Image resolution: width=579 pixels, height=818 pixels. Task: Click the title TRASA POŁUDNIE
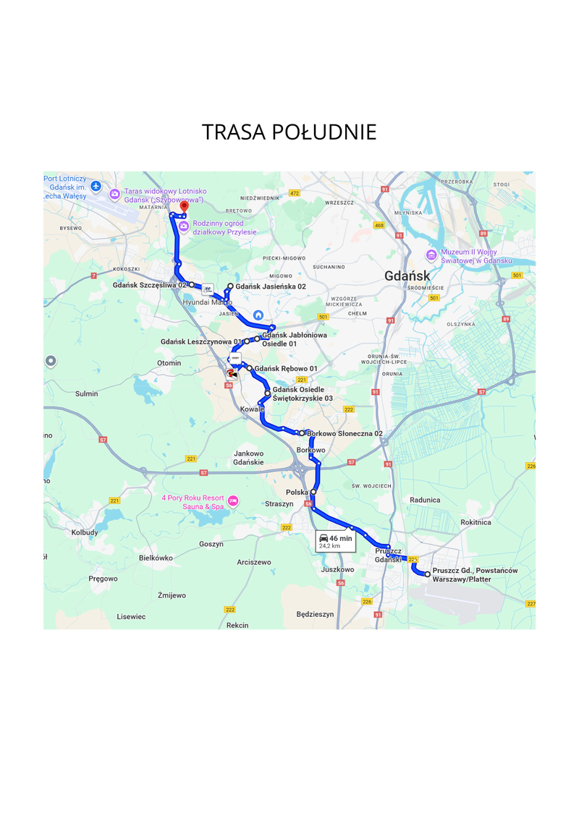click(289, 132)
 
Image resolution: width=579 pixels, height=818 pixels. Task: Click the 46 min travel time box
click(336, 541)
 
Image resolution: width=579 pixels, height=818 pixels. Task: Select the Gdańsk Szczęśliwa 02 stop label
click(150, 285)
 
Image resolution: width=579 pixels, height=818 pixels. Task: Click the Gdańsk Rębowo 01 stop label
click(287, 369)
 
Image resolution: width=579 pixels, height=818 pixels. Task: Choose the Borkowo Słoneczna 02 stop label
click(345, 433)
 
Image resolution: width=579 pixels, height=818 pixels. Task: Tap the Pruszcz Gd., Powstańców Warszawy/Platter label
click(475, 575)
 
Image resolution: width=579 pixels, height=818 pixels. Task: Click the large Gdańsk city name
click(407, 276)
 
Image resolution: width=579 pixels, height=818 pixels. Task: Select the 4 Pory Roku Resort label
click(193, 502)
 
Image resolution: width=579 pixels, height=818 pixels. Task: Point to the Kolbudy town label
click(85, 532)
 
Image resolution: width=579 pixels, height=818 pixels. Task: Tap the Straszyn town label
click(279, 503)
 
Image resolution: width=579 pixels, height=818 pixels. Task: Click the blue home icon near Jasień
click(258, 315)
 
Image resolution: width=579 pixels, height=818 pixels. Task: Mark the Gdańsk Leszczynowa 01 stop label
click(200, 341)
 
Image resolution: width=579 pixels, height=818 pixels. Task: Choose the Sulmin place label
click(86, 393)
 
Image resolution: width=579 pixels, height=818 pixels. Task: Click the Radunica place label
click(425, 500)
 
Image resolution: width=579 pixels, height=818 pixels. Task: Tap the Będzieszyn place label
click(315, 614)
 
